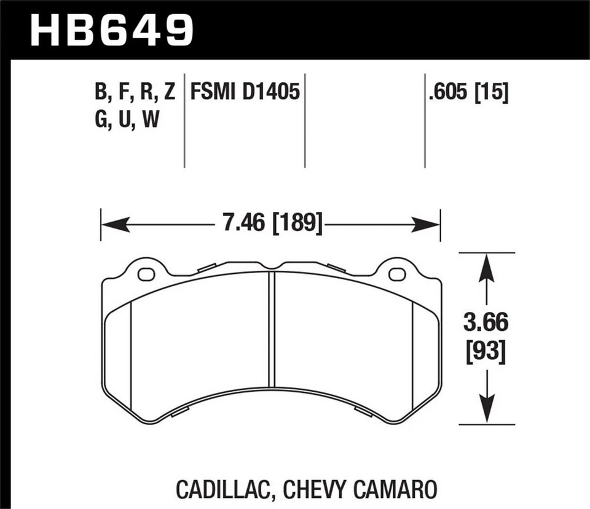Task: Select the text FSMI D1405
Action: pyautogui.click(x=245, y=93)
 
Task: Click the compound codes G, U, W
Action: pyautogui.click(x=127, y=119)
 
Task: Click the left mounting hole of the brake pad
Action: pyautogui.click(x=146, y=274)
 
